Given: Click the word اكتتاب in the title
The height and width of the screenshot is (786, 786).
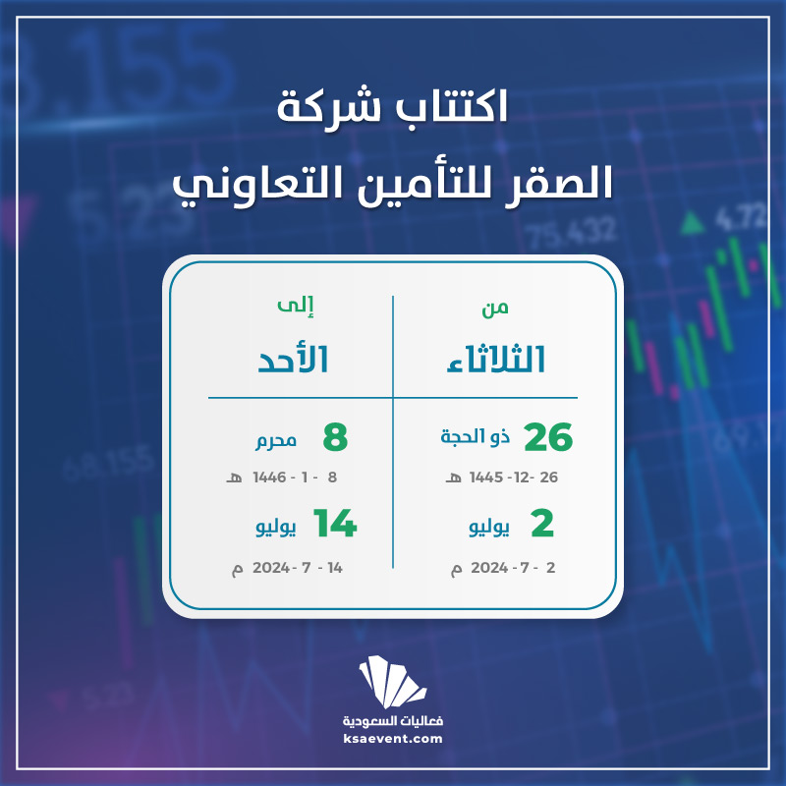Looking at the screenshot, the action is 453,106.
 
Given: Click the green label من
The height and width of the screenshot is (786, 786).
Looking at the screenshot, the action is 495,308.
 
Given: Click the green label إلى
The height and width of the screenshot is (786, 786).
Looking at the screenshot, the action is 296,306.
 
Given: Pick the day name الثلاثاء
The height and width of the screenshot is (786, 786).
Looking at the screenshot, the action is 496,360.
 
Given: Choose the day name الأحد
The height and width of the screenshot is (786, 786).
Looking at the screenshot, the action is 293,359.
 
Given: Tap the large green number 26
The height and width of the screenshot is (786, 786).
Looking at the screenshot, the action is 548,437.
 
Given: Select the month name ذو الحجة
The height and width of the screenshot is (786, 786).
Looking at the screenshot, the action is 476,436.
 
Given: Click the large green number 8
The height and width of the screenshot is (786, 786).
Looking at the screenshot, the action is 335,437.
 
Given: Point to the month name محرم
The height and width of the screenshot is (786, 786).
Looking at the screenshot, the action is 276,440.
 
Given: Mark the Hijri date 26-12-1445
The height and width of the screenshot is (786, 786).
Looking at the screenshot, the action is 502,477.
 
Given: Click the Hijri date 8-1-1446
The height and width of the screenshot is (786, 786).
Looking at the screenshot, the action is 282,477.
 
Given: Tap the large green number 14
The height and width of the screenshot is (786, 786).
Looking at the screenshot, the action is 335,524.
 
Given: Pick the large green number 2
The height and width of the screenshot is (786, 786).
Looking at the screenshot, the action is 542,524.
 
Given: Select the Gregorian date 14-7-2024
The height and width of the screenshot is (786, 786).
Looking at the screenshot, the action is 287,568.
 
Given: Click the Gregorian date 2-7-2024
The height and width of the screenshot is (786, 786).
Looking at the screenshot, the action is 503,568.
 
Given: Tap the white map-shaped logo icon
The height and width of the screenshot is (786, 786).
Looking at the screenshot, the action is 392,681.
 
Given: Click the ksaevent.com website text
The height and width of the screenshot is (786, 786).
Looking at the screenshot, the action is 393,739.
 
